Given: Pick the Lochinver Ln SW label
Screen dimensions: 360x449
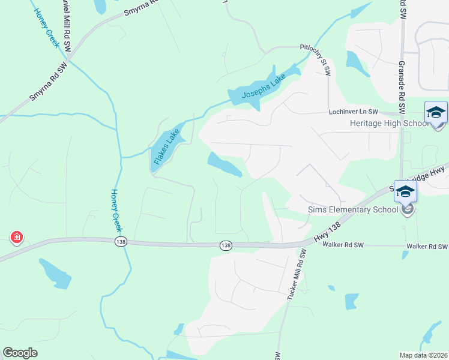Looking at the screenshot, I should click(353, 112).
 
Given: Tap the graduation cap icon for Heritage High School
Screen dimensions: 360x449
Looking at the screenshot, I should click(436, 112).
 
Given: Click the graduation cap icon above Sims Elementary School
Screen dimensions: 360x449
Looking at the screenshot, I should click(405, 191).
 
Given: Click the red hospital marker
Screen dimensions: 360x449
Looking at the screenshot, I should click(17, 238).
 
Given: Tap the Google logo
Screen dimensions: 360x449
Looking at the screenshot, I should click(20, 353).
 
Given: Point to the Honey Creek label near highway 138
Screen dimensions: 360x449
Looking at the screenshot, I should click(116, 211).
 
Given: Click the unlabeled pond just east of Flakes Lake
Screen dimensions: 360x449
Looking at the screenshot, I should click(224, 164).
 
